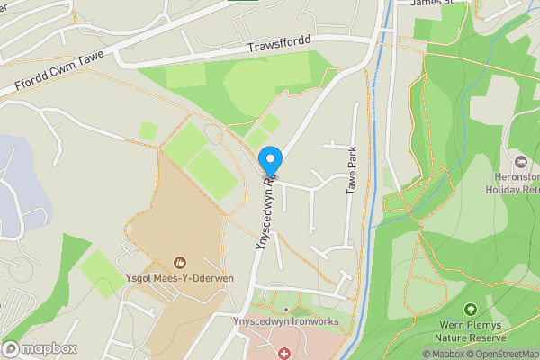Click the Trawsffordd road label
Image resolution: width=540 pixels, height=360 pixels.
point(279,45)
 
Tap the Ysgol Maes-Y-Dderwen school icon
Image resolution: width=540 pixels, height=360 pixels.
point(179,263)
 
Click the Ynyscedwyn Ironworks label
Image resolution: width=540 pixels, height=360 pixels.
point(284,321)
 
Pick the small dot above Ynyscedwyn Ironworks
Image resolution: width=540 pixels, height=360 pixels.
point(285,309)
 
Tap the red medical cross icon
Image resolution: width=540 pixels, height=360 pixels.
point(285,353)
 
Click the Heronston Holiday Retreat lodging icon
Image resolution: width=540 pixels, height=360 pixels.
point(519,161)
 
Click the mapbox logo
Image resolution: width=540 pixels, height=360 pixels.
point(40,348)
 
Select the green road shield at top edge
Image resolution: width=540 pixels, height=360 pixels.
point(243,2)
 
